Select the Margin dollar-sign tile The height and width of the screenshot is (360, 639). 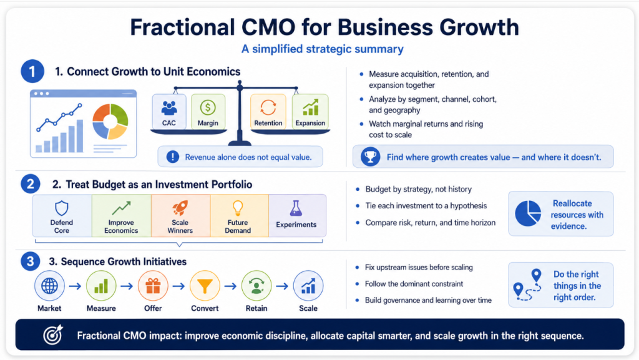(x=208, y=112)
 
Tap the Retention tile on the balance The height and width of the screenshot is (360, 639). (x=268, y=112)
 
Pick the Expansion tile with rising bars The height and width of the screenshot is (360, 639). (x=310, y=112)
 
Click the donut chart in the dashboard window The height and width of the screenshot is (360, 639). (x=110, y=122)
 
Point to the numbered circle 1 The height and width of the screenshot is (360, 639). (x=32, y=71)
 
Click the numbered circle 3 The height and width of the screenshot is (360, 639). (x=30, y=261)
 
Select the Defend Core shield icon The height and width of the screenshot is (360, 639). (x=62, y=208)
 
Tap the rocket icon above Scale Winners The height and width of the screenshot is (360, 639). (x=180, y=208)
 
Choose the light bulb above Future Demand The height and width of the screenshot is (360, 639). (x=238, y=208)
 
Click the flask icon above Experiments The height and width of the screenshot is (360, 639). (x=296, y=208)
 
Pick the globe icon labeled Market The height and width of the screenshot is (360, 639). (x=49, y=286)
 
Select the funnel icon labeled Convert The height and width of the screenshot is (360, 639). (x=205, y=286)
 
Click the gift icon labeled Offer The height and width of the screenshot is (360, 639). (x=153, y=286)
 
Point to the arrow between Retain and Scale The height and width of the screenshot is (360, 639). (x=282, y=286)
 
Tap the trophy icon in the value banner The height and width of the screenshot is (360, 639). (x=371, y=157)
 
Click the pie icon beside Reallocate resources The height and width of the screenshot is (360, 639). (x=528, y=213)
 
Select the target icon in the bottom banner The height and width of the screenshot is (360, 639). (x=54, y=335)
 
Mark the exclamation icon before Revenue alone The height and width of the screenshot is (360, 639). (x=173, y=157)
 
